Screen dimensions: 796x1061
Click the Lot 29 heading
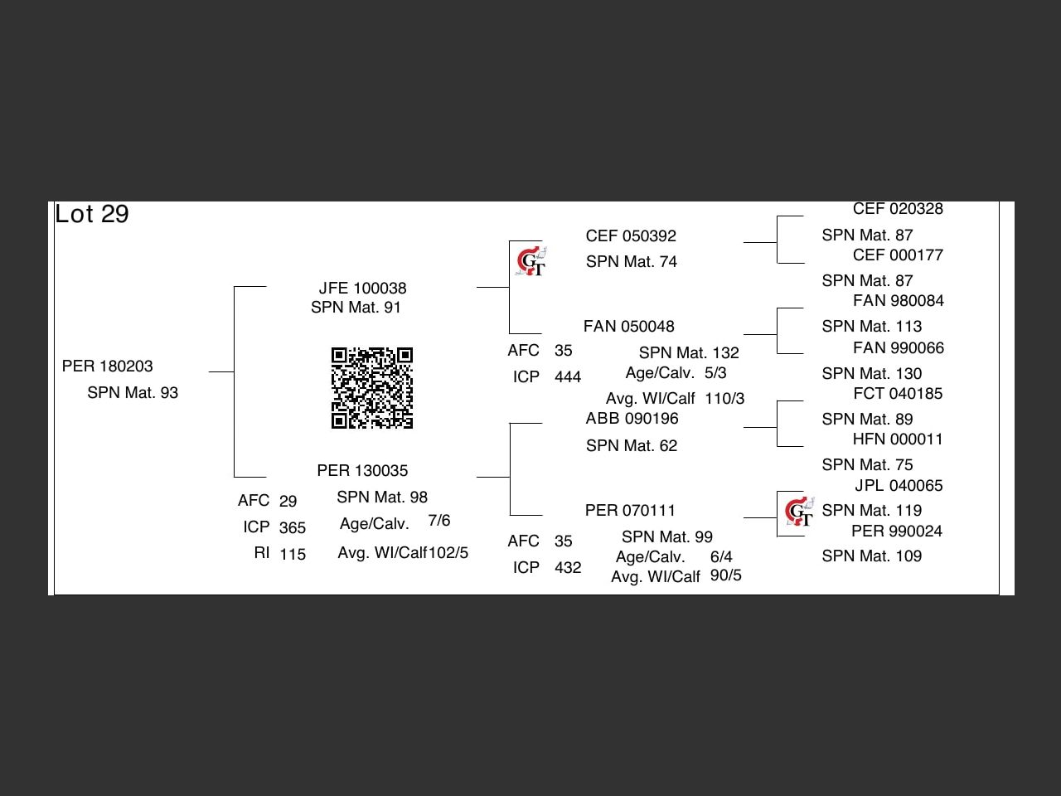(92, 214)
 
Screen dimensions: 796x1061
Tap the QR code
(372, 388)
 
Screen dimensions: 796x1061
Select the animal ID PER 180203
(108, 366)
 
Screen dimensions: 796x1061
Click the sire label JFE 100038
(362, 289)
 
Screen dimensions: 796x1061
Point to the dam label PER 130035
(362, 471)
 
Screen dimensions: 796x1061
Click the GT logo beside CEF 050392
(530, 262)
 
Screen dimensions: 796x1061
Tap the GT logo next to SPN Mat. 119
(799, 512)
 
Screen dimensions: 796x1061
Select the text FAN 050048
(628, 327)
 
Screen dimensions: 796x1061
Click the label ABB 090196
(632, 419)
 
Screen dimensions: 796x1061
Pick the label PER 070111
(630, 511)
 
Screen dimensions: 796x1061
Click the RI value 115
(293, 555)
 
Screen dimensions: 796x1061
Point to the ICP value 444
(568, 377)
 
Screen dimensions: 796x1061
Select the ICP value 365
(293, 528)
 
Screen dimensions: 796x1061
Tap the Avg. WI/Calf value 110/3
(724, 399)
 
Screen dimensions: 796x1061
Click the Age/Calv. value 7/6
(439, 521)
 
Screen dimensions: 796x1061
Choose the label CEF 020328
(898, 209)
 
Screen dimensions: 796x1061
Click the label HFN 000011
(898, 439)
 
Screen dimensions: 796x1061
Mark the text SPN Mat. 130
(871, 374)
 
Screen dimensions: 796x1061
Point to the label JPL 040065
(899, 486)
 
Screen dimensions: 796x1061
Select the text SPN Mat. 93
(133, 393)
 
